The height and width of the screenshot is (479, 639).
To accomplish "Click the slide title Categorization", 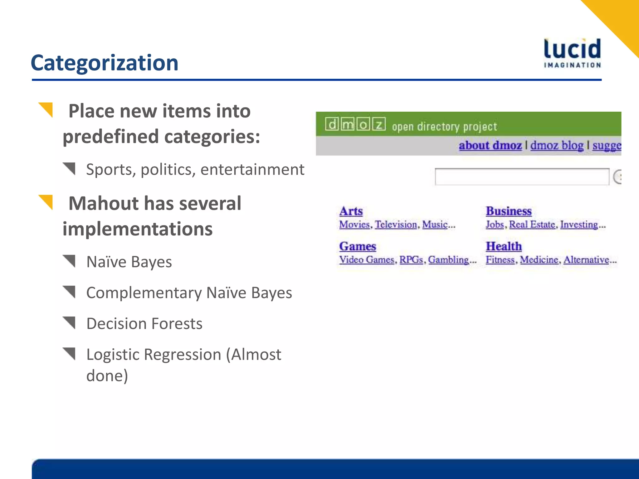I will point(105,63).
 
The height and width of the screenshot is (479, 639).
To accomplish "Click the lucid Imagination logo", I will point(572,53).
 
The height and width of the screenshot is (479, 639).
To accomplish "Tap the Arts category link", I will point(351,211).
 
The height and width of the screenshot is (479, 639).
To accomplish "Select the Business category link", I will point(509,211).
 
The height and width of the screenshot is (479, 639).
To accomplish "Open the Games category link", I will point(358,246).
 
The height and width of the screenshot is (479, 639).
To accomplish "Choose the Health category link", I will point(504,246).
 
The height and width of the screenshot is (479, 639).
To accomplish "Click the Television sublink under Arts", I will point(396,225).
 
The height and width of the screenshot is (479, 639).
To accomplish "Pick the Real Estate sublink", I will point(532,225).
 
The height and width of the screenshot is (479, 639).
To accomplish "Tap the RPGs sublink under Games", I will point(411,260).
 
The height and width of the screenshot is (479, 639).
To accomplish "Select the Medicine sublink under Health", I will point(539,260).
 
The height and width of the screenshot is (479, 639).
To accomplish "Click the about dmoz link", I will point(490,145).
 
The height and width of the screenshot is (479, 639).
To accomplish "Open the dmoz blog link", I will point(557,145).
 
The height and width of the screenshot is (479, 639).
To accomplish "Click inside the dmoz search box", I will point(522,177).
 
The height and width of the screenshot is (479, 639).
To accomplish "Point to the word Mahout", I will point(104,203).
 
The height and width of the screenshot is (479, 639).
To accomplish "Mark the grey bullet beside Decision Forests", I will point(70,322).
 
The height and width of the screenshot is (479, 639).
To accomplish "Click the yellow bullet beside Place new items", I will point(46,110).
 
